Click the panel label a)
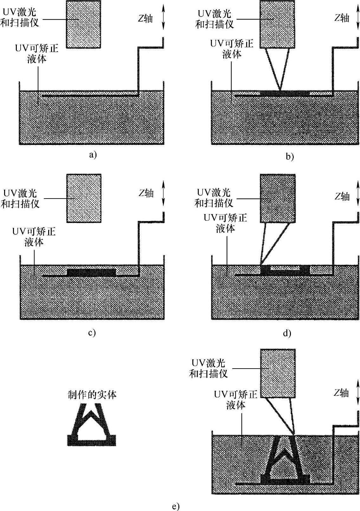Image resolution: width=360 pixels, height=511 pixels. point(92,155)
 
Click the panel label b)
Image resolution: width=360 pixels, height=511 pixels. point(290,156)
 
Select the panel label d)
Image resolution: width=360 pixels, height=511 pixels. point(287,333)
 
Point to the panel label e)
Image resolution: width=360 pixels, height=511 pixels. point(176,506)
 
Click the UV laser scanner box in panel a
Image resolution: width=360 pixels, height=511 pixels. point(83,24)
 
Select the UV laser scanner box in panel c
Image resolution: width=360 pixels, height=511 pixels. point(84,198)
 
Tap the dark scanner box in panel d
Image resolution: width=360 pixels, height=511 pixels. point(278,199)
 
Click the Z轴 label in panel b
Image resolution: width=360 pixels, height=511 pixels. point(342,18)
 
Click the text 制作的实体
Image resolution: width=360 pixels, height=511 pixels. point(92,395)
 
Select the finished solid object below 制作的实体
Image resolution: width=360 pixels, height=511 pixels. point(92,425)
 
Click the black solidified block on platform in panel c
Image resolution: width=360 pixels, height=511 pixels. point(91,272)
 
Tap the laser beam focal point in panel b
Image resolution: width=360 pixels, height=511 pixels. point(280,91)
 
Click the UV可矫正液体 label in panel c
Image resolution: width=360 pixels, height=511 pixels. point(34,237)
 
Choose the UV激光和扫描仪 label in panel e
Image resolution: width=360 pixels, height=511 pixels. point(209,368)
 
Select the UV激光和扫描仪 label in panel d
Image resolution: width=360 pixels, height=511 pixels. point(214,198)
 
